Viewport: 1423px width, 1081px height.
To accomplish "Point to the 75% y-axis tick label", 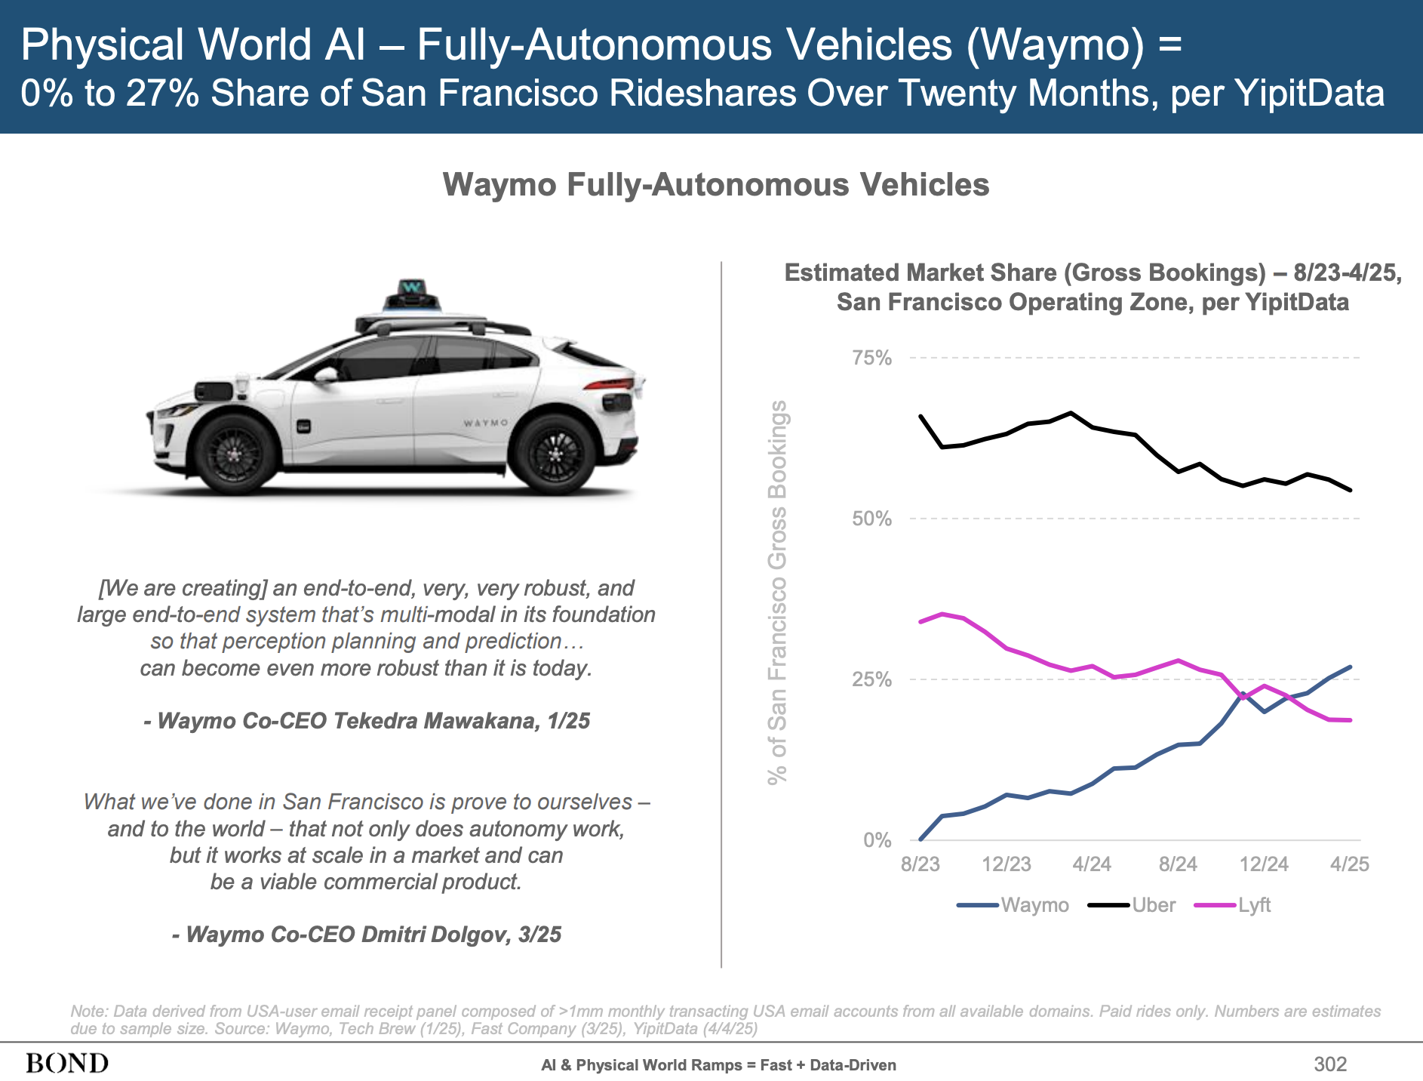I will pyautogui.click(x=871, y=358).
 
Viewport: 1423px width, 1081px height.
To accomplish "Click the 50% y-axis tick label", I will pyautogui.click(x=871, y=519).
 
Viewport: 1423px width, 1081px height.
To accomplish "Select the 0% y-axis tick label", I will pyautogui.click(x=877, y=840).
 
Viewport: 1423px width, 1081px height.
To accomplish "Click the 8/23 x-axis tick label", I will pyautogui.click(x=920, y=864).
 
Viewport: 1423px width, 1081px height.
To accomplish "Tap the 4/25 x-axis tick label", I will pyautogui.click(x=1349, y=864).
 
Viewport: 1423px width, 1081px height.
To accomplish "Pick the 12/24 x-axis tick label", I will pyautogui.click(x=1264, y=864).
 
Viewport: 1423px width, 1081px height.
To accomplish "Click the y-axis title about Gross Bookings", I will pyautogui.click(x=777, y=593).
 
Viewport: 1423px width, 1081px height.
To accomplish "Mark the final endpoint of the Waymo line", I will pyautogui.click(x=1350, y=667).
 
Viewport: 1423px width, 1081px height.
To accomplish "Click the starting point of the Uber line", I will pyautogui.click(x=920, y=416).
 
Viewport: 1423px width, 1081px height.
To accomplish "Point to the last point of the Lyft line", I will pyautogui.click(x=1350, y=720).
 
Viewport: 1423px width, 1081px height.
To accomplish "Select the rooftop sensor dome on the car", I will pyautogui.click(x=412, y=296).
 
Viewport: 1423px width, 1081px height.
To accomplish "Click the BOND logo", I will pyautogui.click(x=67, y=1064).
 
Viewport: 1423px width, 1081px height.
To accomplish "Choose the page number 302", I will pyautogui.click(x=1329, y=1064).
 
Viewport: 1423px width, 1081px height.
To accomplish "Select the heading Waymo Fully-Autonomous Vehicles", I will pyautogui.click(x=715, y=185).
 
